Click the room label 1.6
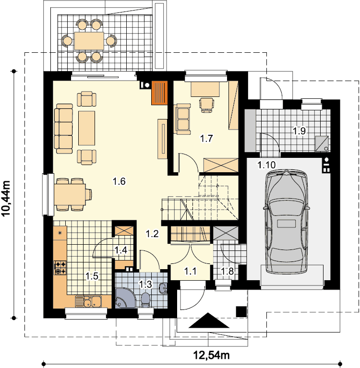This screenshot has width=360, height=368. (x=120, y=181)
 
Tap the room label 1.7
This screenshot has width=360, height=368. (x=206, y=138)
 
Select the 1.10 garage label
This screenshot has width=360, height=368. (x=266, y=165)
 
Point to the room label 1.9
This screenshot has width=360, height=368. (x=300, y=131)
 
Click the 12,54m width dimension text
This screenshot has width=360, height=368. (x=211, y=355)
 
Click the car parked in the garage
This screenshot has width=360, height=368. (x=286, y=222)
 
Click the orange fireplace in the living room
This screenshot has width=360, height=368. (x=159, y=93)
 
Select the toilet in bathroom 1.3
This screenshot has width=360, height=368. (x=145, y=300)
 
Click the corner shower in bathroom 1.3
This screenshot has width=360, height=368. (x=125, y=297)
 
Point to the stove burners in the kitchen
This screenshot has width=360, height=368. (x=60, y=268)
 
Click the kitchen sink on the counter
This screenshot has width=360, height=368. (x=88, y=301)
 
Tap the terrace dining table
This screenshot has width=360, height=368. (x=89, y=41)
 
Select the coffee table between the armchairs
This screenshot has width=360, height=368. (x=87, y=128)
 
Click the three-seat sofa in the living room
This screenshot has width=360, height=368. (x=63, y=129)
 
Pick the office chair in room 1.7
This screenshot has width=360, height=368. (x=206, y=105)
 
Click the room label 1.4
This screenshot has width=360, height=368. (x=120, y=250)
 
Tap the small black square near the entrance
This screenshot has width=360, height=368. (x=241, y=312)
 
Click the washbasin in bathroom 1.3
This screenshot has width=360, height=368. (x=163, y=288)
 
